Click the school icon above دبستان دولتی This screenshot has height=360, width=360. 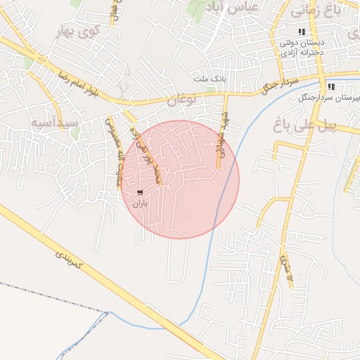(x=302, y=32)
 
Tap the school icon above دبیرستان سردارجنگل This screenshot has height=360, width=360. (x=331, y=86)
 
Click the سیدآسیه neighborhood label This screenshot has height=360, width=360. (x=53, y=123)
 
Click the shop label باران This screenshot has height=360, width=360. (x=140, y=203)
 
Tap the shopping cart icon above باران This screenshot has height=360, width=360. (x=140, y=192)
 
